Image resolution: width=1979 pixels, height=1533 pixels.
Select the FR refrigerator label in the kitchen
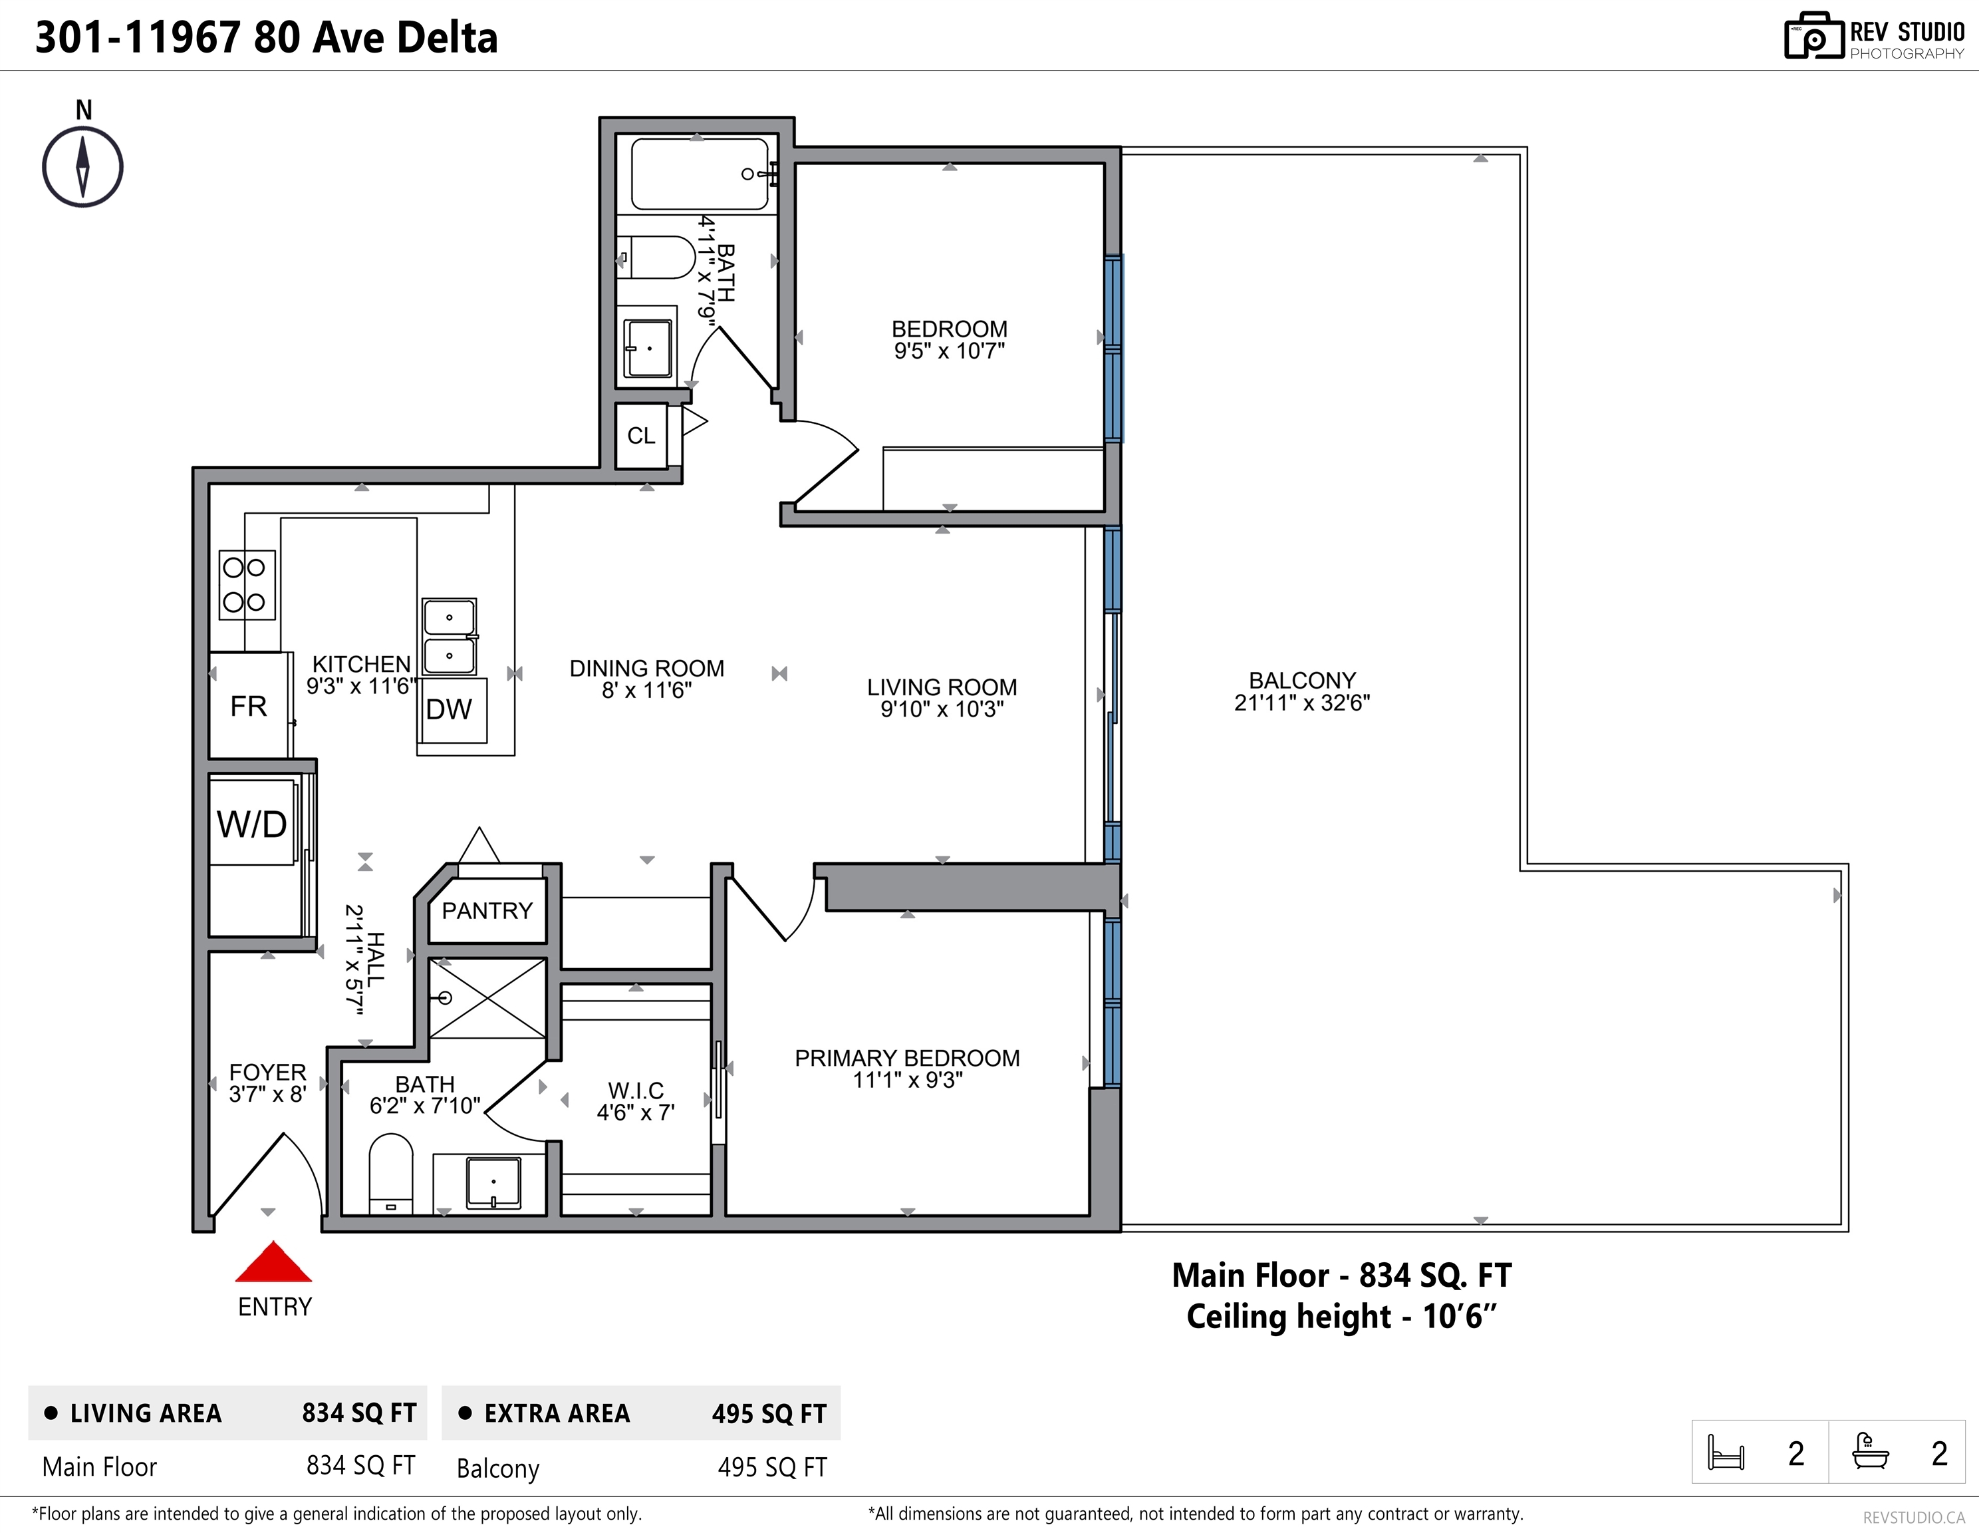248,706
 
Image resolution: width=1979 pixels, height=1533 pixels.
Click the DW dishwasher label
449,709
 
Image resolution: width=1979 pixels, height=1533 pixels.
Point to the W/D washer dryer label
252,824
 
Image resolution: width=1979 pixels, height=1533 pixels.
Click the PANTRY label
487,910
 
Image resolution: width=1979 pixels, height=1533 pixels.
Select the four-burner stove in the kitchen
247,586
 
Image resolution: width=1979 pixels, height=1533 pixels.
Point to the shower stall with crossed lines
487,998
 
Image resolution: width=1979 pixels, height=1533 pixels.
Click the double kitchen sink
450,636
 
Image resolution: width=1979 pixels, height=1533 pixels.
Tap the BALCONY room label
1302,680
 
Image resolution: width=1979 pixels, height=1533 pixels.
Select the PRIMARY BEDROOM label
907,1058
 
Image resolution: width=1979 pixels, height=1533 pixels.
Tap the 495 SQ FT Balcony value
772,1468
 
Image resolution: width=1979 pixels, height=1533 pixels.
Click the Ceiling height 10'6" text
1341,1316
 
